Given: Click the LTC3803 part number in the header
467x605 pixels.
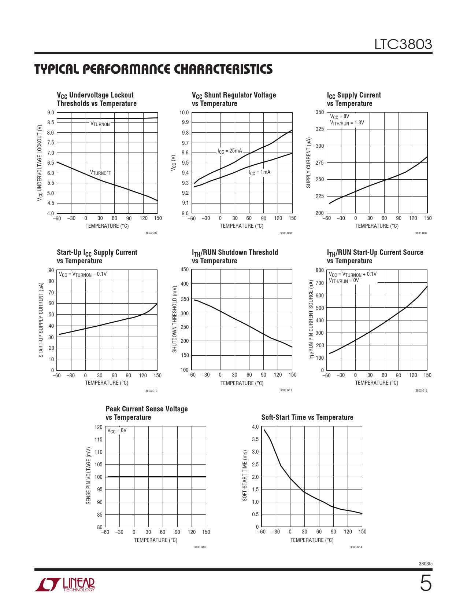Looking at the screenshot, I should (x=403, y=44).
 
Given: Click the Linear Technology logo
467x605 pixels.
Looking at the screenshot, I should (x=65, y=584).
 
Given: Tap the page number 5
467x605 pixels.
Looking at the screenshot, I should (x=425, y=583).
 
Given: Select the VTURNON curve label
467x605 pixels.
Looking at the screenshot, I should (x=100, y=124).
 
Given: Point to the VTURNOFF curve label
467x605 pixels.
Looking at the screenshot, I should (x=100, y=173).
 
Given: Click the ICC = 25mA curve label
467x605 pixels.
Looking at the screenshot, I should (x=230, y=151).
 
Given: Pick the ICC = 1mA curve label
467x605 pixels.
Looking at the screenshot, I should (x=259, y=172).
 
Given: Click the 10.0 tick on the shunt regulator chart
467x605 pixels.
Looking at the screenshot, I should (x=184, y=113).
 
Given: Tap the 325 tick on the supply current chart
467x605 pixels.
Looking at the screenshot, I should (x=319, y=129).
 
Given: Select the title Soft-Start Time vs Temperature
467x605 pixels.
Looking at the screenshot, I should (x=307, y=417).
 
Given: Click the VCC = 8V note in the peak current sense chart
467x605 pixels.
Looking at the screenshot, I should (x=117, y=430).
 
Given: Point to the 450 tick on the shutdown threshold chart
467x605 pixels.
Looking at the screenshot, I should (x=185, y=269).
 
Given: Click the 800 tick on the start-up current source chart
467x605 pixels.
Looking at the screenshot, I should (x=319, y=270).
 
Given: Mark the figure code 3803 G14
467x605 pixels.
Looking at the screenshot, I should (x=356, y=547).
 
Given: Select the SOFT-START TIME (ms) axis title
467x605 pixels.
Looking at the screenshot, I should (x=245, y=476).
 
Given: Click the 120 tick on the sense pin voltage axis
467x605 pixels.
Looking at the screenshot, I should (x=99, y=427).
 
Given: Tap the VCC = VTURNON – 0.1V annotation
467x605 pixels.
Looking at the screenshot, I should (x=83, y=274).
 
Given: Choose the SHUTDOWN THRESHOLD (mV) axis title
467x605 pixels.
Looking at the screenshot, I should (x=175, y=319).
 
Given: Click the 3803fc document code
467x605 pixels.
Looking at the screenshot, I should (x=425, y=564).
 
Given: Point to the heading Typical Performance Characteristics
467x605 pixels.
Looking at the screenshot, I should (x=153, y=69).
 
